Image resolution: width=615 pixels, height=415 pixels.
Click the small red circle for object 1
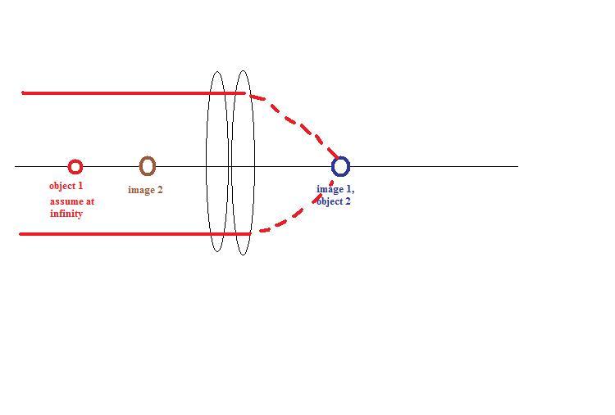point(75,167)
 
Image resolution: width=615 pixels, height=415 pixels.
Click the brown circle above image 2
point(148,166)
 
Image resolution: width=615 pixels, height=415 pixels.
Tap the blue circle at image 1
point(340,167)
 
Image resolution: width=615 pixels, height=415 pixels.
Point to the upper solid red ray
point(123,92)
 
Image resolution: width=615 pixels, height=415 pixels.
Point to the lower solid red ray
point(123,234)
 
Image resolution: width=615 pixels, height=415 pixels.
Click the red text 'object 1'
point(66,186)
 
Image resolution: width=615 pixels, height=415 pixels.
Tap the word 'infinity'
point(66,214)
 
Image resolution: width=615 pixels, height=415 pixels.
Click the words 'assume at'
point(72,201)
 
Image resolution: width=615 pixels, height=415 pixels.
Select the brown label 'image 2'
point(145,190)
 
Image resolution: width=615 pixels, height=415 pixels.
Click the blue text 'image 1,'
point(335,189)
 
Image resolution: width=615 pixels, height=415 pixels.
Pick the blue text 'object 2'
point(334,201)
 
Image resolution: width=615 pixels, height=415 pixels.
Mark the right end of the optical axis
point(517,166)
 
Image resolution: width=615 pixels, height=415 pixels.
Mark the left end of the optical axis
point(16,166)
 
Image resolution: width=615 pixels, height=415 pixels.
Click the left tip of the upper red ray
point(23,92)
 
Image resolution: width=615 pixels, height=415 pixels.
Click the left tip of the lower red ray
point(20,234)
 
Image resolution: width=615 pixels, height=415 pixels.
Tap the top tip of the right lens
point(242,71)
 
